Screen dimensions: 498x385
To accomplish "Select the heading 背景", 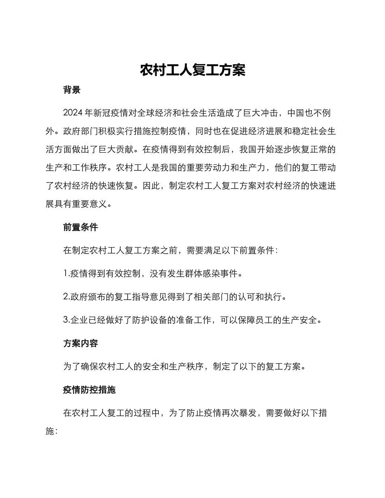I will pos(72,90).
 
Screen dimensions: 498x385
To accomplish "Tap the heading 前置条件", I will pos(81,227).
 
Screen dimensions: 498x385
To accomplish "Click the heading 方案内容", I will pos(81,343).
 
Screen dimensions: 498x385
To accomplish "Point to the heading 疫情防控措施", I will pos(90,390).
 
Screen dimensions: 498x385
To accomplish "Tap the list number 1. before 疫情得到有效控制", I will pos(66,274).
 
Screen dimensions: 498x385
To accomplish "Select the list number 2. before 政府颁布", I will pos(66,297).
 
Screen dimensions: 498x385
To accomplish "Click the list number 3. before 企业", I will pos(66,320).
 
